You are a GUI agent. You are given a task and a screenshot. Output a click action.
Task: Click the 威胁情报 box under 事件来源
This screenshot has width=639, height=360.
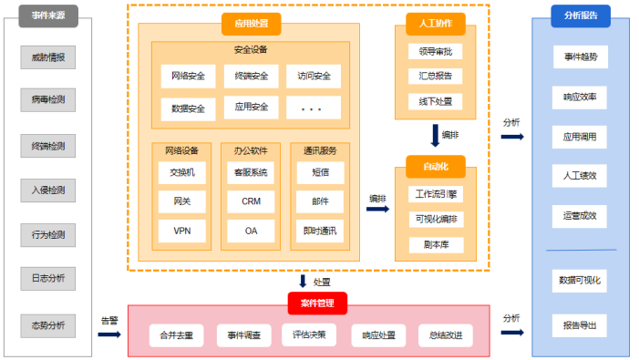tap(47, 59)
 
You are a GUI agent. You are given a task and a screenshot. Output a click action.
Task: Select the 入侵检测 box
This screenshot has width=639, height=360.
tap(47, 190)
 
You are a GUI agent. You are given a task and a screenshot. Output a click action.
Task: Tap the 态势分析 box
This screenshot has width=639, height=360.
tap(47, 324)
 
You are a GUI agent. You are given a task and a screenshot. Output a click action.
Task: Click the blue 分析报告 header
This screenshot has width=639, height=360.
tap(581, 15)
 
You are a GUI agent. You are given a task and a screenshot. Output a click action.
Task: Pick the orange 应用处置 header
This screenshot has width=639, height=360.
tap(251, 24)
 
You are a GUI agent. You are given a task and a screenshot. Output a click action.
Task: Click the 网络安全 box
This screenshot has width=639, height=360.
tap(188, 76)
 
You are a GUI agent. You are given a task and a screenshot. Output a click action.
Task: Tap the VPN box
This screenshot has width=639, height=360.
tap(182, 231)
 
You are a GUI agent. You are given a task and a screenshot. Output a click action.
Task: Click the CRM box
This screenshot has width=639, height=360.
tap(251, 201)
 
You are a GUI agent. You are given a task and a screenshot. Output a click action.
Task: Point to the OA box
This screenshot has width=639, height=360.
tap(251, 231)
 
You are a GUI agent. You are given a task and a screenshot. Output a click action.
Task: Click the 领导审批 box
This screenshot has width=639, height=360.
tap(435, 51)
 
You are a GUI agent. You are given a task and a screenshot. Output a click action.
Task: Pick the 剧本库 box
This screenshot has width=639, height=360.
tap(435, 245)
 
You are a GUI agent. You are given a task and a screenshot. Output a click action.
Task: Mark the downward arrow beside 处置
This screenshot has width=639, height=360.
tap(303, 282)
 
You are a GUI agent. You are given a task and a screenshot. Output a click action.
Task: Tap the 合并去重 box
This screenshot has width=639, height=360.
tap(176, 335)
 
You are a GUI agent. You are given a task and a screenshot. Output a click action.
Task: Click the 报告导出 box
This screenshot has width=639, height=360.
tap(579, 324)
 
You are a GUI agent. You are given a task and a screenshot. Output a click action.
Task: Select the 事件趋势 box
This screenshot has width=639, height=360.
tap(579, 57)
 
